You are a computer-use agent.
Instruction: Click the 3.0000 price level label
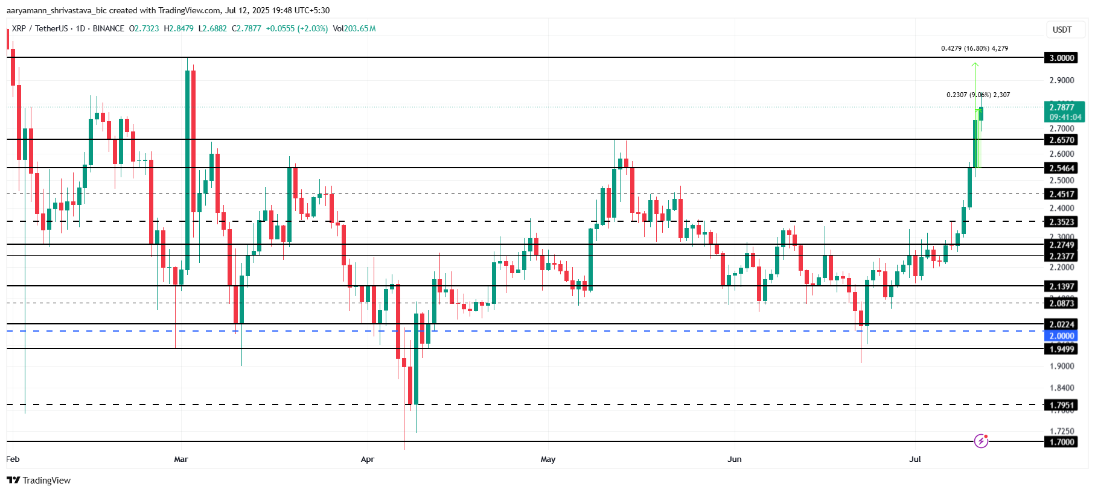click(x=1061, y=58)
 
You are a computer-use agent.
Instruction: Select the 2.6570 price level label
click(x=1061, y=140)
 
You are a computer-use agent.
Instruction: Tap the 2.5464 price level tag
click(x=1061, y=168)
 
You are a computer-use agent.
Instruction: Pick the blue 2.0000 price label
click(x=1061, y=336)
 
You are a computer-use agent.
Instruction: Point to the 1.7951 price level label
click(x=1061, y=405)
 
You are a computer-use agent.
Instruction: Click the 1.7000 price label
click(x=1061, y=442)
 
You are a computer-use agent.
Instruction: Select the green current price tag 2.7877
click(x=1065, y=112)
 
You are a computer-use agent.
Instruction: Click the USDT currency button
click(x=1062, y=30)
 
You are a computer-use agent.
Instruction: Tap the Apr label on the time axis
click(x=367, y=459)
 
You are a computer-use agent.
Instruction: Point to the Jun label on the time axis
click(x=734, y=459)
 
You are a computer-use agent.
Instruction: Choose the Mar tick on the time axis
click(x=180, y=459)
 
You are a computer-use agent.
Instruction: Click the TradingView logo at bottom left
click(x=39, y=481)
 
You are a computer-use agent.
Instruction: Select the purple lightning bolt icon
click(x=981, y=441)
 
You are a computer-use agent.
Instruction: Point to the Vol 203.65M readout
click(x=354, y=28)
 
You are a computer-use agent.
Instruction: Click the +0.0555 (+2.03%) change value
click(x=296, y=28)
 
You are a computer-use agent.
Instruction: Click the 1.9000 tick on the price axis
click(x=1061, y=366)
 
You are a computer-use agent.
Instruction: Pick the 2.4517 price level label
click(x=1061, y=194)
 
